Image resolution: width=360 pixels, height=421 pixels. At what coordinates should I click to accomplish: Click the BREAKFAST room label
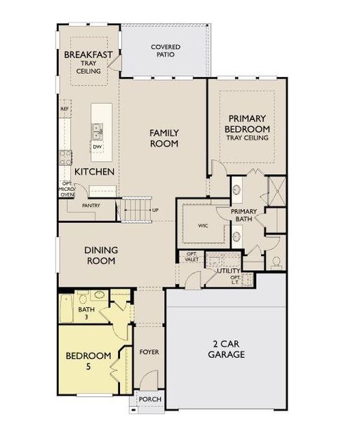click(88, 55)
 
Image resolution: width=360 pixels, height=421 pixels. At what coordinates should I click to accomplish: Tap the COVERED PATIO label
click(166, 51)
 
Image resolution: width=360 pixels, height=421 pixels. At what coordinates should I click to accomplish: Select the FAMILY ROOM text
click(164, 138)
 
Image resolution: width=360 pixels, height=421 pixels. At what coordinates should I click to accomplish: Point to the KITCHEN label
click(95, 171)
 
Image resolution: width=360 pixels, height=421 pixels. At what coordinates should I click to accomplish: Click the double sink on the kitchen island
click(97, 131)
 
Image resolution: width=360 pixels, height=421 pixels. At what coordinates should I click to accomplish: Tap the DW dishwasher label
click(97, 146)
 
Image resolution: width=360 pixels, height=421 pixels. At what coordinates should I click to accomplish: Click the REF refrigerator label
click(65, 109)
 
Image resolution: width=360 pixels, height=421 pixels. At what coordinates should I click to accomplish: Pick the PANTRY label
click(91, 206)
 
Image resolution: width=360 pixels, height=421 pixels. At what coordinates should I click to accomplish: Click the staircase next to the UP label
click(136, 208)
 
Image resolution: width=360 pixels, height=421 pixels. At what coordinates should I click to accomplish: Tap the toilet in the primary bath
click(276, 262)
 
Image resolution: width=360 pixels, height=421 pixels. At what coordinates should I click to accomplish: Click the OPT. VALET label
click(190, 257)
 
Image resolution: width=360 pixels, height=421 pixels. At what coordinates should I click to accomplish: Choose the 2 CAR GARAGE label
click(229, 349)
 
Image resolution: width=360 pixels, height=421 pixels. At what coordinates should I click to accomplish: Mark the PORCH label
click(150, 399)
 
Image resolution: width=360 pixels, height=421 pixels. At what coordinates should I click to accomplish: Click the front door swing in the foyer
click(147, 382)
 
